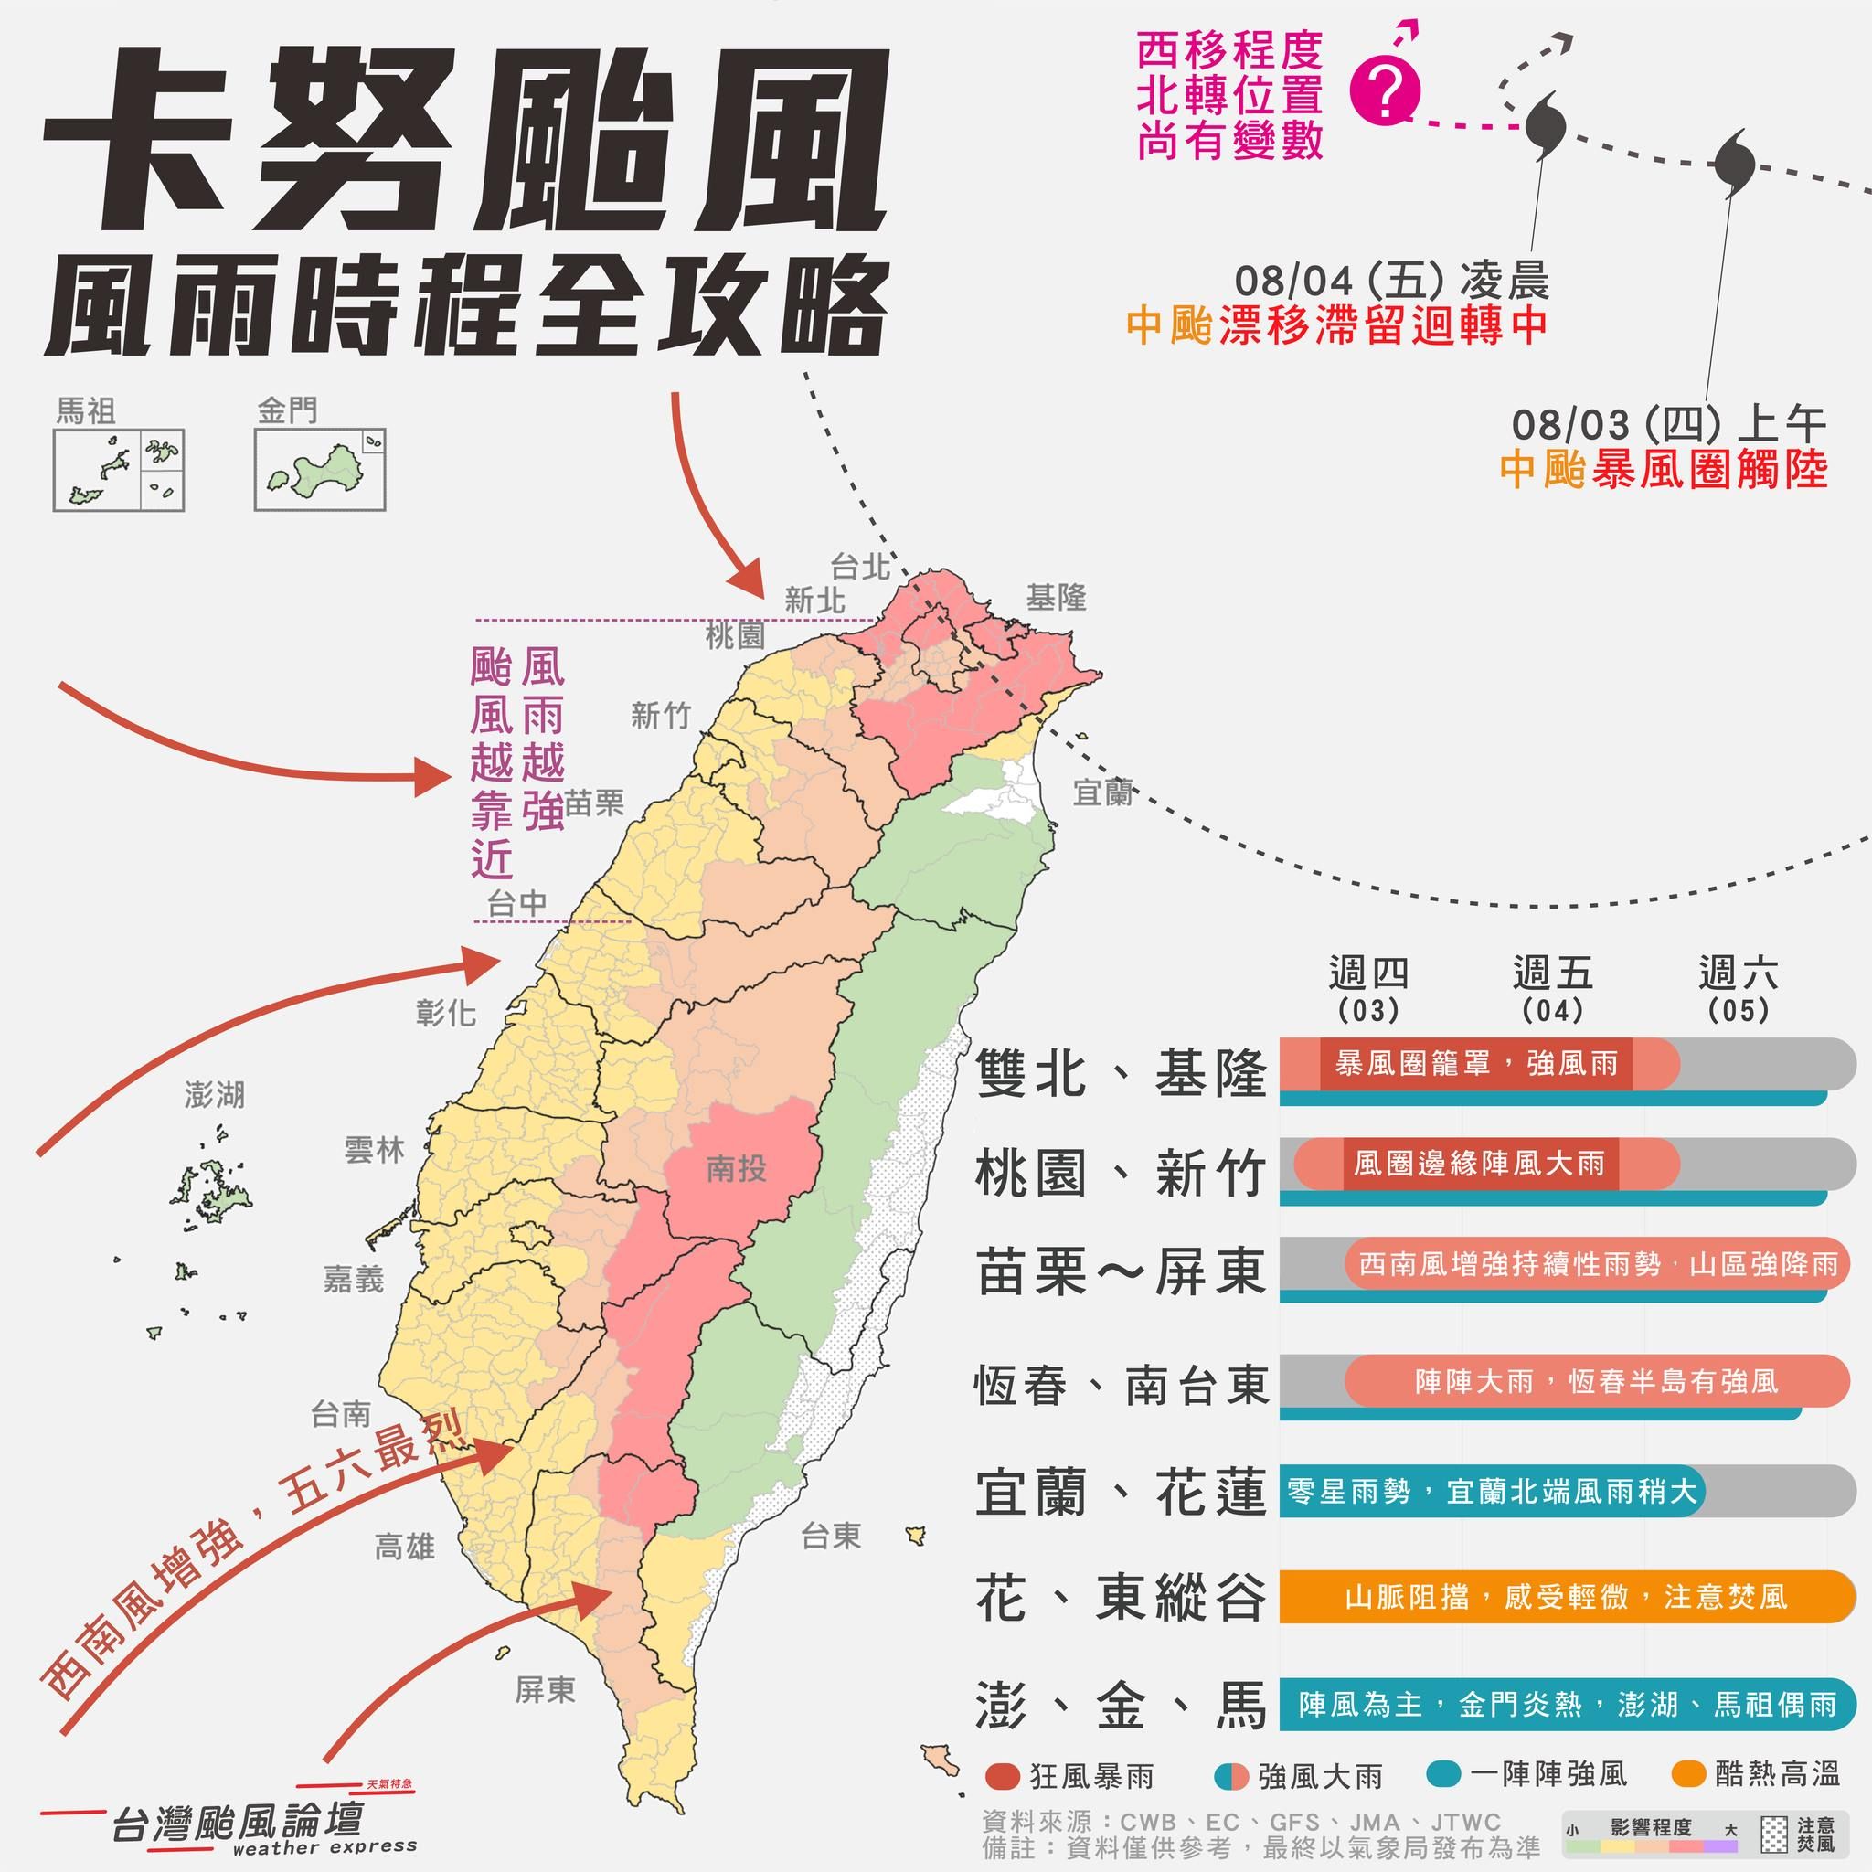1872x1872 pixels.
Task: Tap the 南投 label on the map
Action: click(737, 1168)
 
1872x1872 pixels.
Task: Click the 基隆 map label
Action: click(1056, 598)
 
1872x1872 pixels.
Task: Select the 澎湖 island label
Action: click(215, 1095)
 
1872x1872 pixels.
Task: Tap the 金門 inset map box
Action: click(320, 469)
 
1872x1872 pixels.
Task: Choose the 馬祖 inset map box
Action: click(118, 470)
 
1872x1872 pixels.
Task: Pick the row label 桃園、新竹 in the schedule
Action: click(1120, 1175)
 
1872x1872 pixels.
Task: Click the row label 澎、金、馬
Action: click(1120, 1706)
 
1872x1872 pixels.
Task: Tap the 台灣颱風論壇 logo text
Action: click(238, 1822)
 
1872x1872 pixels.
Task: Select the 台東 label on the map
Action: click(830, 1535)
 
